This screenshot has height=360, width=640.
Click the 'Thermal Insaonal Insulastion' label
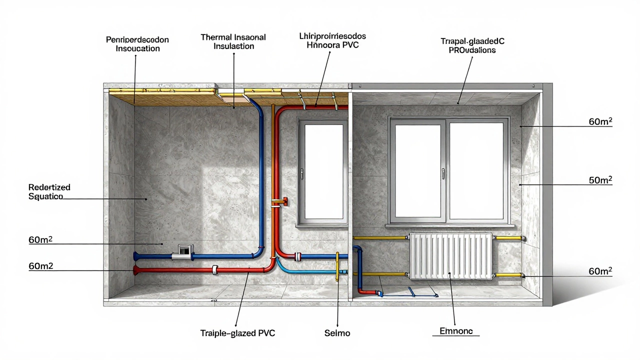click(233, 41)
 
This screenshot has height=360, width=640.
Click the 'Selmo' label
click(338, 333)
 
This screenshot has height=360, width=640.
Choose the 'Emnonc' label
click(455, 330)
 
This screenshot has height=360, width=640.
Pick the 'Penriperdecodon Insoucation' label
click(137, 43)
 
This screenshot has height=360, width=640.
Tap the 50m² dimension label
click(600, 180)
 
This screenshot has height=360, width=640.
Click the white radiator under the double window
click(451, 255)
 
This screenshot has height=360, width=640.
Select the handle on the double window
click(443, 173)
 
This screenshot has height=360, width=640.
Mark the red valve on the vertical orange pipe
click(284, 201)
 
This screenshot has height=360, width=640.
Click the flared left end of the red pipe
click(136, 270)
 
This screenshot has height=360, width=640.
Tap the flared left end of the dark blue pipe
click(136, 256)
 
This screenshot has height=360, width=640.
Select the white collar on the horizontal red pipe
click(214, 269)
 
